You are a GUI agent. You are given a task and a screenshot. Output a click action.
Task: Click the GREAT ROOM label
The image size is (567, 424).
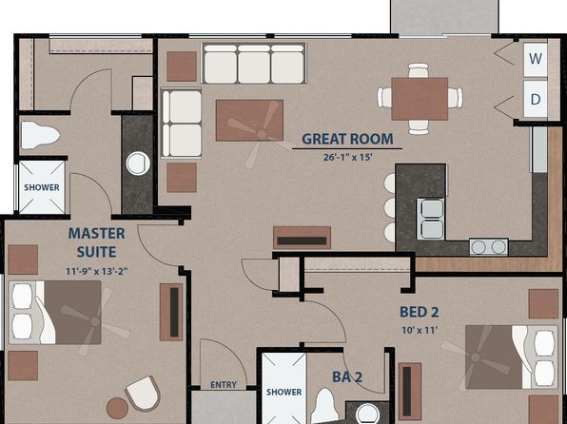click(347, 139)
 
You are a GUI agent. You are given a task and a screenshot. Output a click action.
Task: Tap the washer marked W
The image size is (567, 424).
click(536, 60)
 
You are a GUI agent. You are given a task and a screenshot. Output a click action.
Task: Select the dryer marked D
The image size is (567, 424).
click(536, 99)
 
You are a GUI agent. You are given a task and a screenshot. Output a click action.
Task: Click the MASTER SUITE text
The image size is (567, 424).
click(96, 242)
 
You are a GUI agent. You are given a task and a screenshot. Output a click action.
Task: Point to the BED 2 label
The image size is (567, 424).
click(420, 313)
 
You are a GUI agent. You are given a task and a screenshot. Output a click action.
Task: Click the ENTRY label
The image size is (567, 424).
click(224, 385)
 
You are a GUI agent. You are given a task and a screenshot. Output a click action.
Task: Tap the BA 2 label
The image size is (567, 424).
click(347, 377)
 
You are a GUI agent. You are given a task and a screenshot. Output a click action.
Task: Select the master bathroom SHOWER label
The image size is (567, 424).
click(42, 187)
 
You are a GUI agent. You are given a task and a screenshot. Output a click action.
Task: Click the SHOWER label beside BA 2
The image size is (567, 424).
click(283, 392)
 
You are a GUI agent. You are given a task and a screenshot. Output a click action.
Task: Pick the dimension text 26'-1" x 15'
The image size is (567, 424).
click(347, 157)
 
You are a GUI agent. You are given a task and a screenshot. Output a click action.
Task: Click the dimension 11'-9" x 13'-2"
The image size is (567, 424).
click(96, 271)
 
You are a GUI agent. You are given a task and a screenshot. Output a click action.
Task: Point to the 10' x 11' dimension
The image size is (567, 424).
click(420, 330)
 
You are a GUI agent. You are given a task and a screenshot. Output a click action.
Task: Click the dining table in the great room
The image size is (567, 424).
click(420, 99)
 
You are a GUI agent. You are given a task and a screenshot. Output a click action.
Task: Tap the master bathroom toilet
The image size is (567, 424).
click(40, 135)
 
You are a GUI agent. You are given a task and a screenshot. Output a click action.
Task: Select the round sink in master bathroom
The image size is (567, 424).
click(138, 164)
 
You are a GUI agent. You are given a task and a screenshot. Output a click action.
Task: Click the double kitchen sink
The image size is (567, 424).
click(431, 219)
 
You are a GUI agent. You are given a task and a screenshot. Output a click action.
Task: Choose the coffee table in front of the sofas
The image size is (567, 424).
click(249, 121)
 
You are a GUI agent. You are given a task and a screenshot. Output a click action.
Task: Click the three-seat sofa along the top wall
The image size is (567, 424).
click(254, 64)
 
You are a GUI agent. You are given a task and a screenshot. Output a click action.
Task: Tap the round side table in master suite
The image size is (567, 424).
click(117, 409)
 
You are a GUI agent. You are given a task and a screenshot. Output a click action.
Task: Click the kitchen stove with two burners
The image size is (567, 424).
click(489, 247)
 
